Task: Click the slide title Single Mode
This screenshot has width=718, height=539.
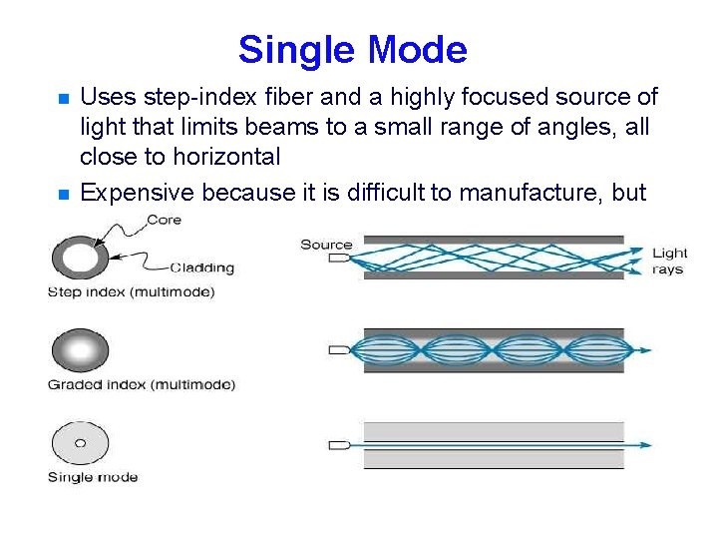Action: click(352, 49)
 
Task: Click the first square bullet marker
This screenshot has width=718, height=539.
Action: click(62, 99)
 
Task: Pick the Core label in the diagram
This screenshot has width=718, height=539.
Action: click(163, 220)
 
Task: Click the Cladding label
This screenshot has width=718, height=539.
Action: click(201, 267)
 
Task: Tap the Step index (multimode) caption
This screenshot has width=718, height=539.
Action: click(131, 291)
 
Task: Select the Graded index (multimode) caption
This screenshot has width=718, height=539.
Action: click(142, 384)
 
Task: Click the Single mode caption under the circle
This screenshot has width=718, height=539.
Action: click(93, 477)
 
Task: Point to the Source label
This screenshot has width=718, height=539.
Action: click(326, 245)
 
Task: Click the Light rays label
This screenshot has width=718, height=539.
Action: click(669, 262)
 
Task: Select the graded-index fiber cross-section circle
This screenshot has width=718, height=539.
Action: click(80, 350)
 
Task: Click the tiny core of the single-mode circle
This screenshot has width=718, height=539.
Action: click(80, 443)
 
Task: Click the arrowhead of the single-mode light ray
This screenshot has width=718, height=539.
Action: click(648, 444)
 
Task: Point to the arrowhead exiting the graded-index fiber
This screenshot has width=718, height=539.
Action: click(648, 350)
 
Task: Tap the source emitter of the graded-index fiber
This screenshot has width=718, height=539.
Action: click(339, 350)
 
